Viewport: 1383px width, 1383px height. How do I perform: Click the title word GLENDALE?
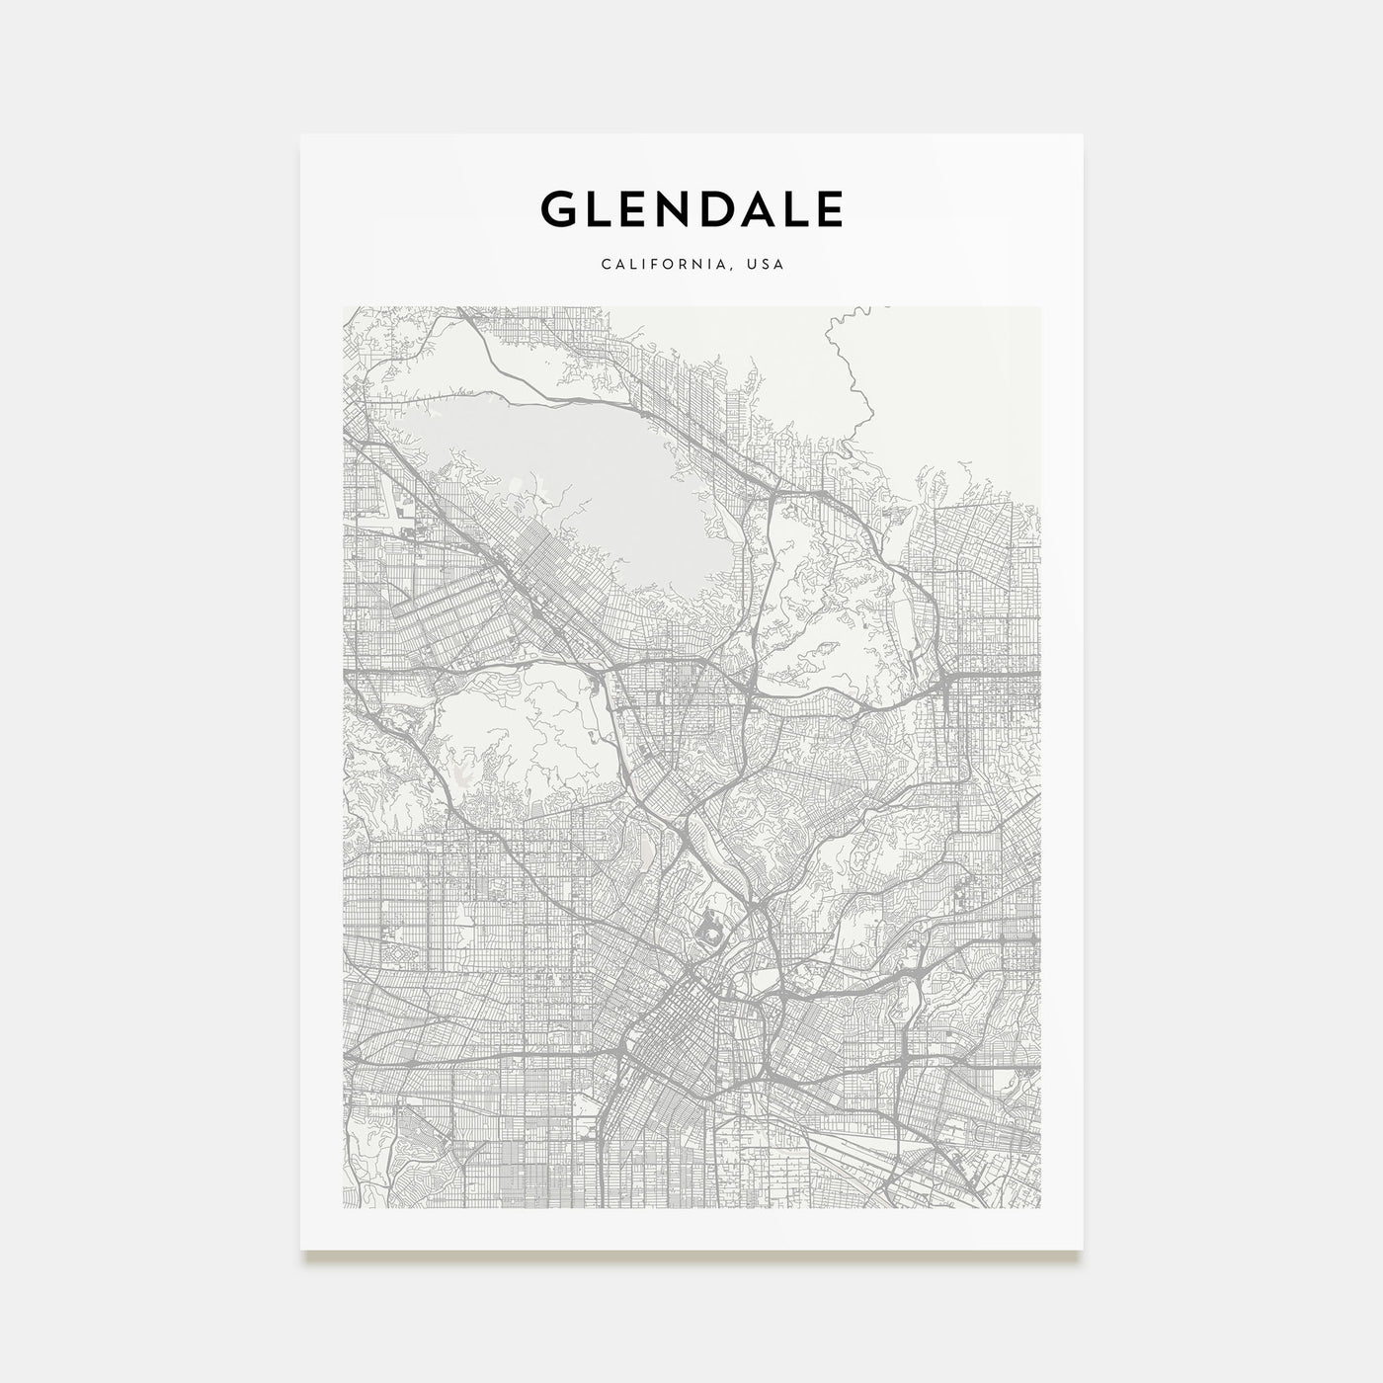[x=691, y=208]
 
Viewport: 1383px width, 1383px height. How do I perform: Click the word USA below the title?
[x=767, y=265]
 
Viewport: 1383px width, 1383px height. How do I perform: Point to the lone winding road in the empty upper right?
[x=850, y=366]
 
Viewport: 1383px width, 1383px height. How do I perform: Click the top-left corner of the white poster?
[x=302, y=135]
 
